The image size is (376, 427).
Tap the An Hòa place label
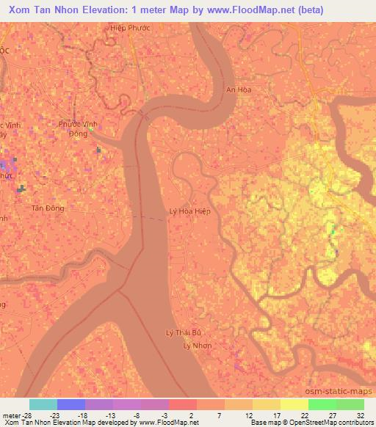point(239,90)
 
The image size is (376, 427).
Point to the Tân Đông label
point(48,208)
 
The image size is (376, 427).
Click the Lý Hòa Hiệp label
point(190,211)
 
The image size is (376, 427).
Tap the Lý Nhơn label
point(197,344)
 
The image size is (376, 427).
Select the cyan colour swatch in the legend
point(43,404)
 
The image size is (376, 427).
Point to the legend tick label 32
point(361,415)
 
